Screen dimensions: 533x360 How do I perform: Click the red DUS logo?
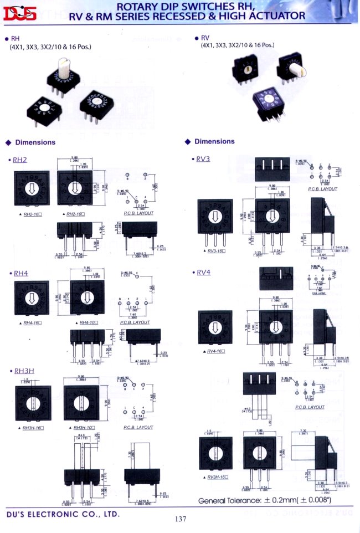pos(19,14)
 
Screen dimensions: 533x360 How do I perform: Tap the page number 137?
pos(180,519)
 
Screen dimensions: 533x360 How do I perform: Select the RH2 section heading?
pos(20,160)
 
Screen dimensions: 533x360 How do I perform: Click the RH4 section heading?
pos(20,273)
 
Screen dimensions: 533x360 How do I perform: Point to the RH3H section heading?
pos(23,370)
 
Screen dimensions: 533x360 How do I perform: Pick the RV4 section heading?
pos(203,272)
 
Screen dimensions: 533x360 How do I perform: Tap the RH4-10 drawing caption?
pos(89,322)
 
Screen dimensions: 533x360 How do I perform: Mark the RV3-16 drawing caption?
pos(217,251)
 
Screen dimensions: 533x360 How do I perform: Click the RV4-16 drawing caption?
pos(217,351)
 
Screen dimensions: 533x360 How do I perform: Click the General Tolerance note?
pos(265,501)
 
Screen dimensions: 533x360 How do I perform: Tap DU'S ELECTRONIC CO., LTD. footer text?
pos(63,514)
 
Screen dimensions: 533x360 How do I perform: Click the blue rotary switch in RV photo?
pos(267,101)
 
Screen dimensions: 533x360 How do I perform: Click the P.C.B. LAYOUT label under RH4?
pos(135,322)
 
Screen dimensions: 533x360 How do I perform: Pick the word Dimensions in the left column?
pos(35,142)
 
